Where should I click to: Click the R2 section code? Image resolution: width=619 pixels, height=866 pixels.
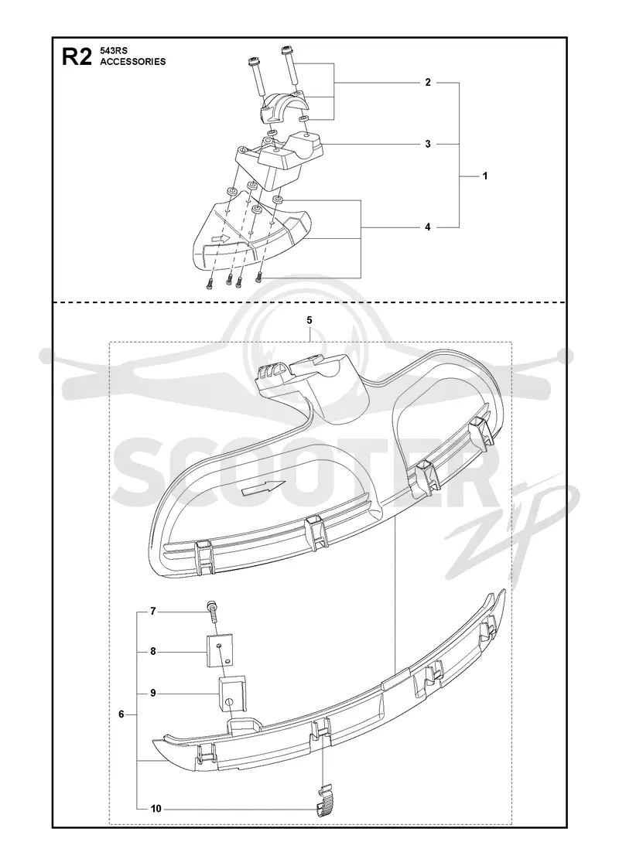click(x=77, y=57)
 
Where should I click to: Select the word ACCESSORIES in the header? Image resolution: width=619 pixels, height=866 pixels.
click(x=132, y=62)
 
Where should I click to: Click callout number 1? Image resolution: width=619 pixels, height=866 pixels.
click(x=485, y=176)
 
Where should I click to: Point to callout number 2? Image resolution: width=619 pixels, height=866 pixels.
click(x=428, y=83)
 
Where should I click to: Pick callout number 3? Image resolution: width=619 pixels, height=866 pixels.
click(x=428, y=144)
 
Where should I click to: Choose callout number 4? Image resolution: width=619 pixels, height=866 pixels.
click(x=428, y=227)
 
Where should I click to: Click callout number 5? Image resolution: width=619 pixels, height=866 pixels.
click(x=309, y=320)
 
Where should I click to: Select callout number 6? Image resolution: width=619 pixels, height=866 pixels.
click(x=121, y=714)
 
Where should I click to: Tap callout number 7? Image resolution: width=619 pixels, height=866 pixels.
click(x=154, y=612)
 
